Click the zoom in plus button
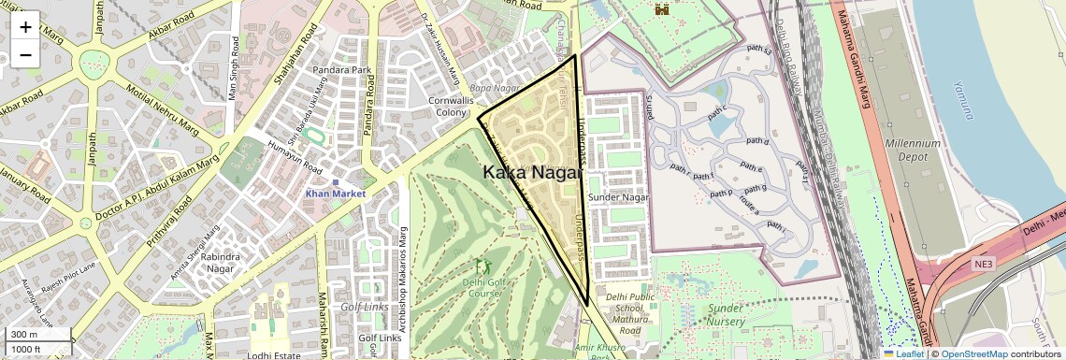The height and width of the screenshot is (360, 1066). coord(25,26)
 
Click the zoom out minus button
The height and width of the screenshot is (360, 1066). coord(25,54)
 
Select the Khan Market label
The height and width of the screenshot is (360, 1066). coord(334,193)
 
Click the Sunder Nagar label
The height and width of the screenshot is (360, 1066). coord(618,197)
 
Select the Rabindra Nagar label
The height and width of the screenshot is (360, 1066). coord(221,262)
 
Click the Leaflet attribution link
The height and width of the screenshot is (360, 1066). coord(909,353)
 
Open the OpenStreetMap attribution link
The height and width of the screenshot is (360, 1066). coord(973,353)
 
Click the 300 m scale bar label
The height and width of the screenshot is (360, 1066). coord(25,335)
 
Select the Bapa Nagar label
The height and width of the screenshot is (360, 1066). coord(494,87)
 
